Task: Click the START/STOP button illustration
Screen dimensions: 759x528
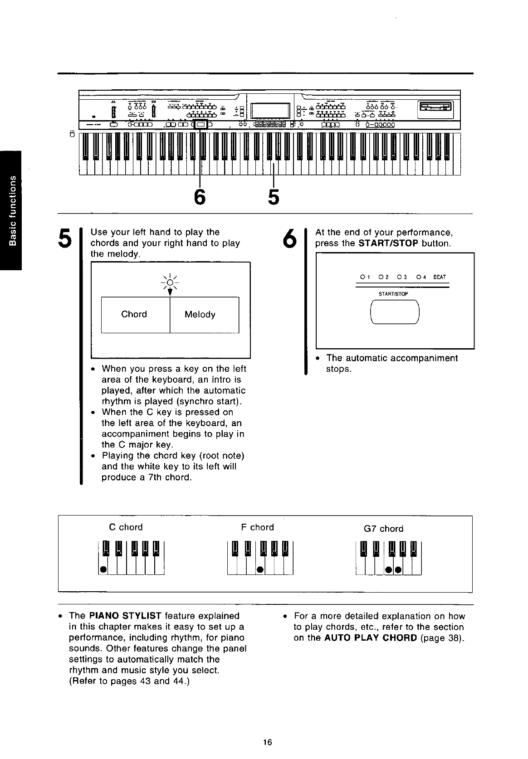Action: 394,312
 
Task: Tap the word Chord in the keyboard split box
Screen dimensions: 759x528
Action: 134,315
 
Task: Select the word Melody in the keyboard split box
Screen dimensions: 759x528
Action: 200,315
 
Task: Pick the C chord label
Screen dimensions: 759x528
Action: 126,527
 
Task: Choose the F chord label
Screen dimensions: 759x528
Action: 258,527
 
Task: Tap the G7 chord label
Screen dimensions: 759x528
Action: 383,529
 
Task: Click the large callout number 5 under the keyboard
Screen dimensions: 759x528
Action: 273,197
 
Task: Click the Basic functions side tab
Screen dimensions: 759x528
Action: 10,211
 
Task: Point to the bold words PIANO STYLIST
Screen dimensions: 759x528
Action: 126,616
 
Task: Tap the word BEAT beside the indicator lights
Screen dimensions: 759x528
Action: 440,277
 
